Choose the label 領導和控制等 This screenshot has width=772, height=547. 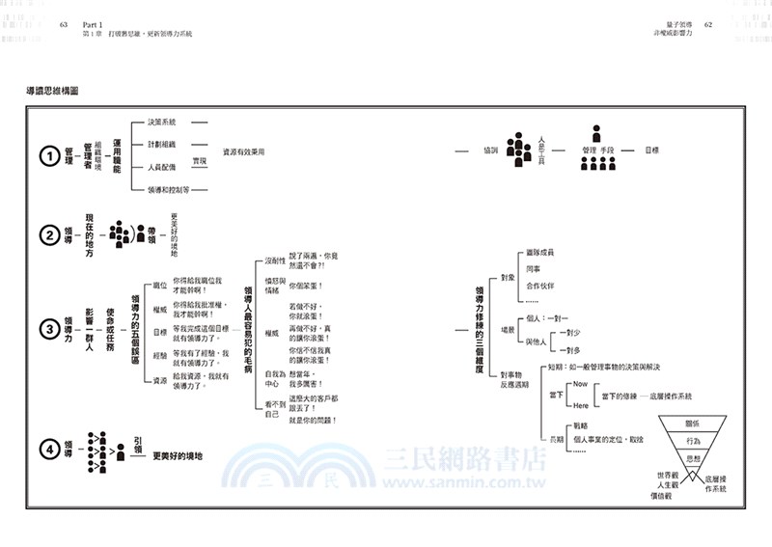click(x=170, y=191)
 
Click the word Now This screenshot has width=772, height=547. click(x=580, y=384)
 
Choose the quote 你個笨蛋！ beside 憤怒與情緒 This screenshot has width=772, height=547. click(x=306, y=287)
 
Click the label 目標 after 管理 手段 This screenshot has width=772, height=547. click(x=651, y=150)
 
